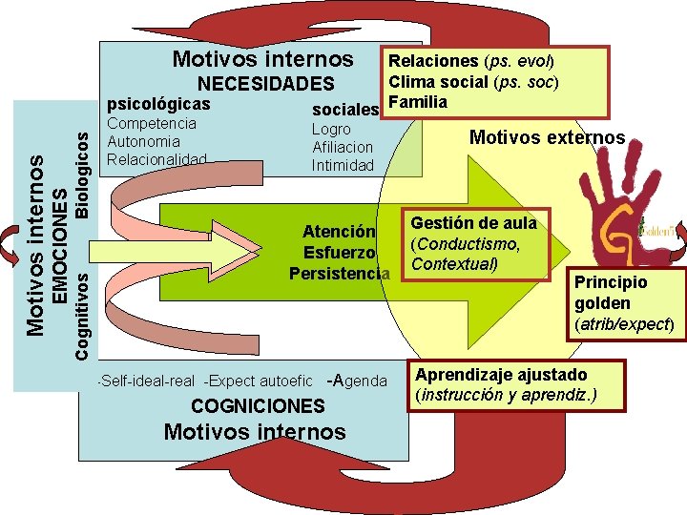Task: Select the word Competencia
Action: (153, 123)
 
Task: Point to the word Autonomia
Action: (144, 141)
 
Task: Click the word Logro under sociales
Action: (331, 129)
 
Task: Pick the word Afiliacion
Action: (343, 147)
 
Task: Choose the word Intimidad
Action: (343, 165)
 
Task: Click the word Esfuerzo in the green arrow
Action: (339, 253)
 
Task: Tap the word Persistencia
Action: (339, 273)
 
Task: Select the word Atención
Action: (339, 232)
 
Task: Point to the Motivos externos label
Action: (547, 137)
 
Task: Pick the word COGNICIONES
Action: (259, 406)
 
